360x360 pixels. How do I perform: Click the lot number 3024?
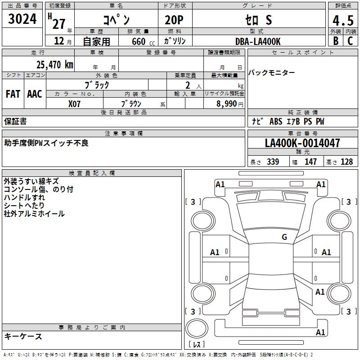point(22,19)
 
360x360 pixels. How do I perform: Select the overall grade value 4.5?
point(342,20)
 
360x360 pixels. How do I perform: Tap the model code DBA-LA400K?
point(258,41)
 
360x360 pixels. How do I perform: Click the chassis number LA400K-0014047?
point(302,143)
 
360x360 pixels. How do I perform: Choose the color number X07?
point(75,103)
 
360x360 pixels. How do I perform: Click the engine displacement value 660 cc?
point(139,41)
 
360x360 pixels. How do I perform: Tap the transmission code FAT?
point(13,94)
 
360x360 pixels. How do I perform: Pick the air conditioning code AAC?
point(35,94)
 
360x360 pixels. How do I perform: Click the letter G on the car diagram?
point(284,237)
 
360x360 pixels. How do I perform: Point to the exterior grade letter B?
point(336,41)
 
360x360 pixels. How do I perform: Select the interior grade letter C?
point(351,41)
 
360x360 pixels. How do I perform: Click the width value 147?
point(310,162)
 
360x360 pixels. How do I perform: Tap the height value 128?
point(346,162)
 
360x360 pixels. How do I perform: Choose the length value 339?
point(273,162)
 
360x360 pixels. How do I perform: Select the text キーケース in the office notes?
point(23,336)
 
